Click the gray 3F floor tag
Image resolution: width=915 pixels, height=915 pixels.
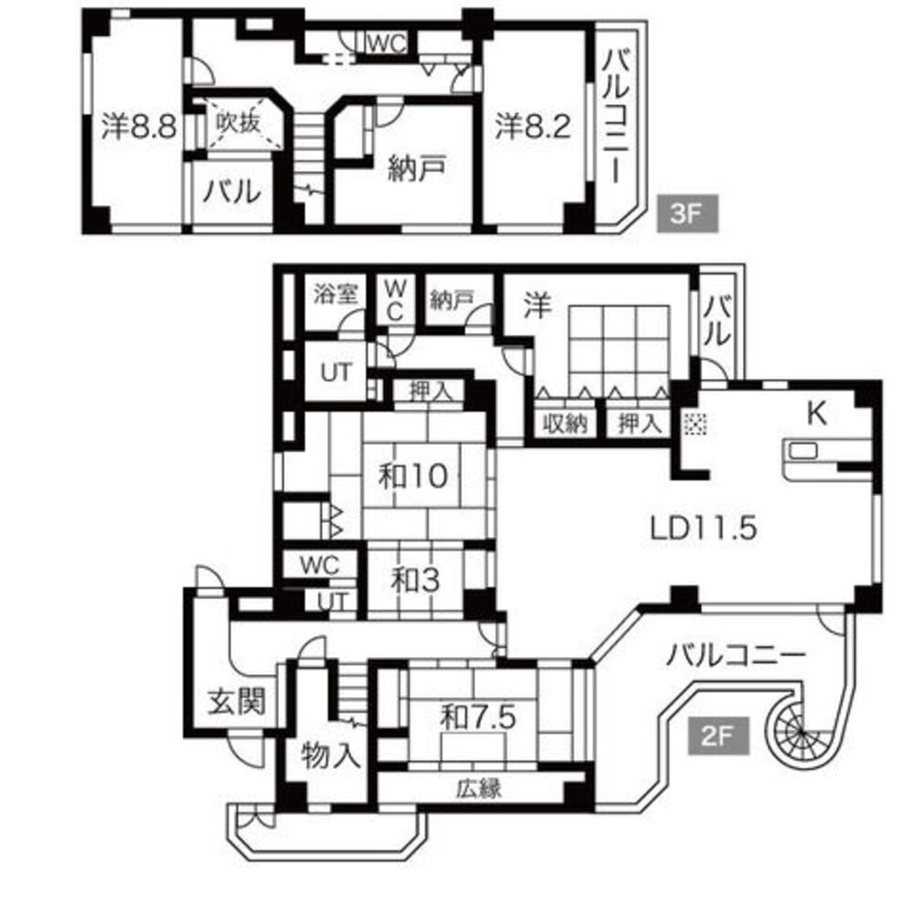tap(687, 213)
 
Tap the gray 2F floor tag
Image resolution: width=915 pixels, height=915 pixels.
tap(717, 736)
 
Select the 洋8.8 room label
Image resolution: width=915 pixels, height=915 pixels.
tap(139, 125)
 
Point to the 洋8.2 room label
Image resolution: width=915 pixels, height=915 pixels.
tap(533, 125)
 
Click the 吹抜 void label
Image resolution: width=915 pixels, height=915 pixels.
tap(238, 123)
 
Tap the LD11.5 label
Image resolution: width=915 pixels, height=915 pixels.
tap(703, 528)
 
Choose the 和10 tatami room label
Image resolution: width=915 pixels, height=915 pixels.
tap(414, 476)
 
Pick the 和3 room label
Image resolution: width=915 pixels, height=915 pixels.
tap(414, 581)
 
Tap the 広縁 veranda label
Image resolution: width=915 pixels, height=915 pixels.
tap(479, 789)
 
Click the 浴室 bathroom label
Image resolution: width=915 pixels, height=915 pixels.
tap(336, 294)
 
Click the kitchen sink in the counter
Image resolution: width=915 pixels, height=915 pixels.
tap(803, 450)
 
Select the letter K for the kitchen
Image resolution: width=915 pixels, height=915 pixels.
tap(817, 414)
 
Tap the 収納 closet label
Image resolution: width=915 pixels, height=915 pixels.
tap(565, 424)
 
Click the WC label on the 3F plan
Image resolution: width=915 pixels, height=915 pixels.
tap(386, 43)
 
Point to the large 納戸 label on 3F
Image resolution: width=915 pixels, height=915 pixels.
tap(417, 168)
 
